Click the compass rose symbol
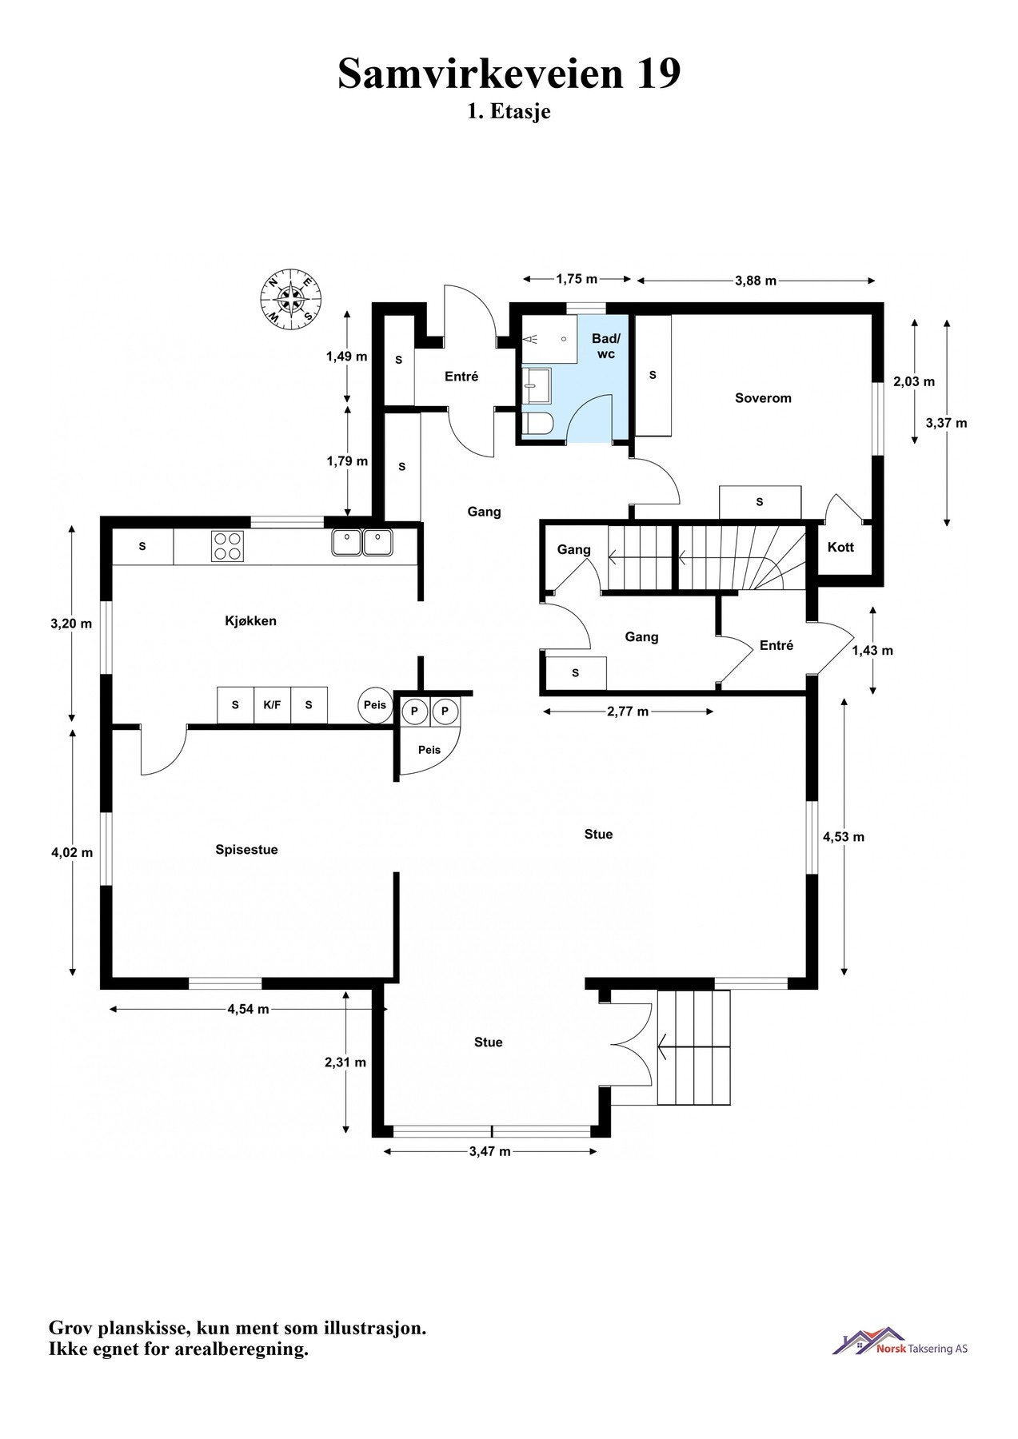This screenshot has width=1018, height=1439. point(289,299)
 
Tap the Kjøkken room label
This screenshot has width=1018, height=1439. point(250,620)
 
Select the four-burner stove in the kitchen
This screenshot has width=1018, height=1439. point(227,546)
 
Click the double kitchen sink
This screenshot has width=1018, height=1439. point(362,542)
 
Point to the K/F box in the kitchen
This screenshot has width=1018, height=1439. point(272,705)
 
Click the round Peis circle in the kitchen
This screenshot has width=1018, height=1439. point(374,705)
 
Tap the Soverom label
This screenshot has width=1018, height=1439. point(763,397)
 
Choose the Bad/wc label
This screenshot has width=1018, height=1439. point(605,346)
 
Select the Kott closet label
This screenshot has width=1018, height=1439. point(840,547)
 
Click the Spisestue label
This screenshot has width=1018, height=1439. point(246,849)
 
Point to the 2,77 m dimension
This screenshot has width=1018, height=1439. point(628,711)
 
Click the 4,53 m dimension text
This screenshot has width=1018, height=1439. point(844,837)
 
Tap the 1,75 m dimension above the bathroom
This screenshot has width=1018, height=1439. point(577,279)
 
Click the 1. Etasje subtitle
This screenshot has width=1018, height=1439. point(509,111)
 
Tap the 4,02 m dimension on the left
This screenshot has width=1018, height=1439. point(72,852)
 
